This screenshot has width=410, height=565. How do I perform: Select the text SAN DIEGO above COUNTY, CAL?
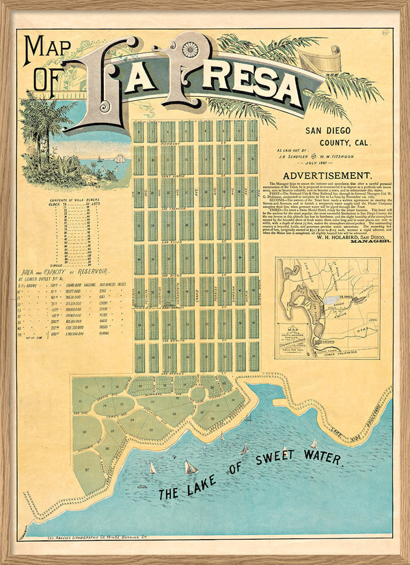pyautogui.click(x=332, y=130)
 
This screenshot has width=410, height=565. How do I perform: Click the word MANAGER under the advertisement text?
pyautogui.click(x=364, y=242)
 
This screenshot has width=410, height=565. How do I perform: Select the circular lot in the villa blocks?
pyautogui.click(x=197, y=394)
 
